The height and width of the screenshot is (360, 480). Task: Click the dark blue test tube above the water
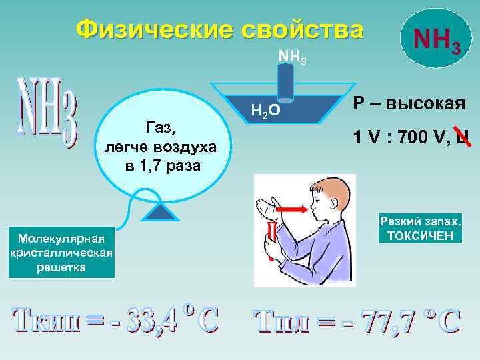[x=286, y=81]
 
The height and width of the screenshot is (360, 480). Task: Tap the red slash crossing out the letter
[x=461, y=135]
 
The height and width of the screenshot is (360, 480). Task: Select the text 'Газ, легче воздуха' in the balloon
[x=163, y=136]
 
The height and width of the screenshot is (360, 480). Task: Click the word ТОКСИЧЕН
[x=419, y=235]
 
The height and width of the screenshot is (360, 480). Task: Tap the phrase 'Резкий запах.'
[x=420, y=221]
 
